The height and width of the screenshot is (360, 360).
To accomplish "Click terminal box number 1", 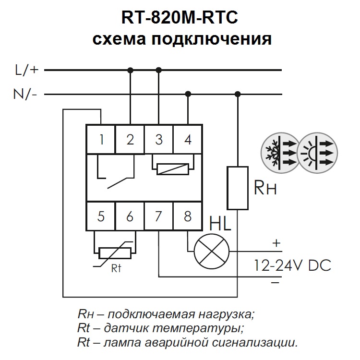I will tap(101, 139).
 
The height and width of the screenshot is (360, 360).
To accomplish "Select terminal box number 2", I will tap(130, 139).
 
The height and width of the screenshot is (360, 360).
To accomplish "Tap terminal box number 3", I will tap(159, 139).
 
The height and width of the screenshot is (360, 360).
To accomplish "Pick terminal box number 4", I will tap(188, 139).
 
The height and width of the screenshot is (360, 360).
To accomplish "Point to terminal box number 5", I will tap(101, 216).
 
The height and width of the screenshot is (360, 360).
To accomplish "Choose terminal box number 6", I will tap(130, 216).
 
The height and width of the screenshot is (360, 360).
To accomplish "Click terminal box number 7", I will tap(159, 216).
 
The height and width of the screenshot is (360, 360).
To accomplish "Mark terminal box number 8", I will tap(188, 216).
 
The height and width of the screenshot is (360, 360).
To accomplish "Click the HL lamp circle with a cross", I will tap(212, 251).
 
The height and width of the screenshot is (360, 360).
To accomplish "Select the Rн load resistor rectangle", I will tap(237, 188).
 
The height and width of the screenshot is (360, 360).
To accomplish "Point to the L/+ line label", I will tap(26, 70).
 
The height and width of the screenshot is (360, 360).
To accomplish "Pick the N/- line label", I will tap(26, 94).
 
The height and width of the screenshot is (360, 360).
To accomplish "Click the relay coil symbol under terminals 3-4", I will tap(173, 168).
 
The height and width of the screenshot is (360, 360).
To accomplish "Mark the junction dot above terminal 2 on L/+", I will tap(130, 70).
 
